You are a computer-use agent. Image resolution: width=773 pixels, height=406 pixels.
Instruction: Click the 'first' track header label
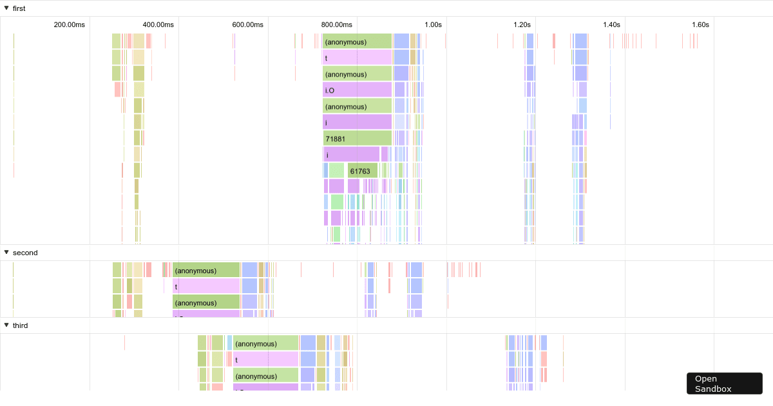pyautogui.click(x=19, y=8)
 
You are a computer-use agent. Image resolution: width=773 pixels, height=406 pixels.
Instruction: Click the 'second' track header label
pyautogui.click(x=25, y=253)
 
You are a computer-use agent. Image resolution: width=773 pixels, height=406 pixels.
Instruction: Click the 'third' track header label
pyautogui.click(x=20, y=325)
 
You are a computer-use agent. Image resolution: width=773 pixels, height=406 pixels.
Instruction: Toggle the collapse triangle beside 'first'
pyautogui.click(x=6, y=8)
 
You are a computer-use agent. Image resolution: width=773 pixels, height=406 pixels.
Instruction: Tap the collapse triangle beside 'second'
pyautogui.click(x=6, y=252)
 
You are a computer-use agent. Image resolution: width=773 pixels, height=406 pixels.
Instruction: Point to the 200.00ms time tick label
pyautogui.click(x=69, y=24)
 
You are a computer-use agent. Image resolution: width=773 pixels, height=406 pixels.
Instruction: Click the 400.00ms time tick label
pyautogui.click(x=158, y=24)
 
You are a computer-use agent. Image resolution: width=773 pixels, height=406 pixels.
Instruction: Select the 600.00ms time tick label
pyautogui.click(x=247, y=24)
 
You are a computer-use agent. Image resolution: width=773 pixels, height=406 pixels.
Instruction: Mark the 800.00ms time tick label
pyautogui.click(x=336, y=24)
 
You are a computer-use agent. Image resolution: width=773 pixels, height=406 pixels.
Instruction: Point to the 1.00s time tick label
pyautogui.click(x=433, y=24)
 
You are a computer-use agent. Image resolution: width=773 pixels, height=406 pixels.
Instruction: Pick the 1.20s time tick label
pyautogui.click(x=522, y=24)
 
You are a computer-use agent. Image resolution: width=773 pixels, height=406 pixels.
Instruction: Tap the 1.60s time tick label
pyautogui.click(x=700, y=24)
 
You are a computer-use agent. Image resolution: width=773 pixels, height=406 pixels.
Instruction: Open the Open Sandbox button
pyautogui.click(x=724, y=383)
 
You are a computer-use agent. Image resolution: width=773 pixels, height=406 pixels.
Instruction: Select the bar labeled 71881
pyautogui.click(x=357, y=139)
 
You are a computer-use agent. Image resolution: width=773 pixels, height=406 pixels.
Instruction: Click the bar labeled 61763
pyautogui.click(x=362, y=171)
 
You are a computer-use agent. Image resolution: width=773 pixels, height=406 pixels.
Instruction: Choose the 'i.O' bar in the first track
pyautogui.click(x=357, y=90)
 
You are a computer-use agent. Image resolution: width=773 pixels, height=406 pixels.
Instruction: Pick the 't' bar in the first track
pyautogui.click(x=357, y=58)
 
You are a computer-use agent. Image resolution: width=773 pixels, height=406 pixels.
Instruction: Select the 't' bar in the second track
pyautogui.click(x=206, y=286)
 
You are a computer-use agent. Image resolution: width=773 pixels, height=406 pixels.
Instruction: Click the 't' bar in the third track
pyautogui.click(x=266, y=360)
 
